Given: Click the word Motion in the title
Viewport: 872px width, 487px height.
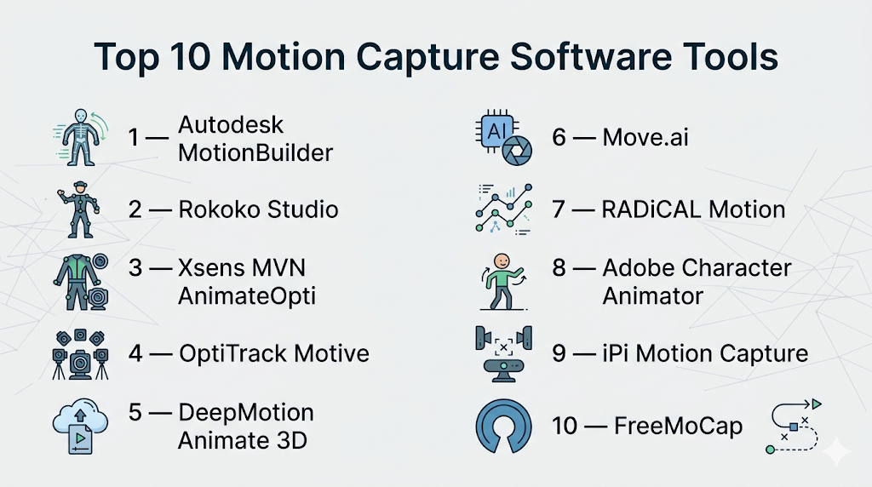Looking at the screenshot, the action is click(283, 57).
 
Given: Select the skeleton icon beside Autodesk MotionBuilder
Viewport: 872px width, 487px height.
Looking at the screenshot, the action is click(81, 137).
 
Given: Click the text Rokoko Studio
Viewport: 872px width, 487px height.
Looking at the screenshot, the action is click(258, 209).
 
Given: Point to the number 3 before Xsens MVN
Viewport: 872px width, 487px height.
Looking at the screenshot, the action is click(135, 268).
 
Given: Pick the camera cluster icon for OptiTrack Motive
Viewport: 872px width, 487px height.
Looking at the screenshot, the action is click(81, 354).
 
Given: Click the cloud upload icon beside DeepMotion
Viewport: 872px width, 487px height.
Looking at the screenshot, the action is click(80, 427).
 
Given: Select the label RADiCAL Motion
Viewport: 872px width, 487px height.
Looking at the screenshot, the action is click(693, 209).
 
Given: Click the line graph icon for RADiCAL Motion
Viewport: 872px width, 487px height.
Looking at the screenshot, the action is click(504, 209).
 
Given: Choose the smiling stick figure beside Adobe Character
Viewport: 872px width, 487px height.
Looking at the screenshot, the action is click(503, 282).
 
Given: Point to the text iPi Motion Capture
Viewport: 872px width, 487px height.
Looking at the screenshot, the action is click(705, 354).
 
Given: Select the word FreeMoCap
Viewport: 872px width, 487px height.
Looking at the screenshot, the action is click(679, 427).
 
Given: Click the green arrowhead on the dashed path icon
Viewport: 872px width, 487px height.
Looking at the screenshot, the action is click(817, 404).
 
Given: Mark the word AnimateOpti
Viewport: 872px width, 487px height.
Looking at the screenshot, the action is click(247, 296).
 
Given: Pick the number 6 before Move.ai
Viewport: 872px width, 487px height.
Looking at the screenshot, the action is click(559, 137).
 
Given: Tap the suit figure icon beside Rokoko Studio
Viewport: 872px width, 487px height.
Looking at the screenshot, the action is click(80, 209).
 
